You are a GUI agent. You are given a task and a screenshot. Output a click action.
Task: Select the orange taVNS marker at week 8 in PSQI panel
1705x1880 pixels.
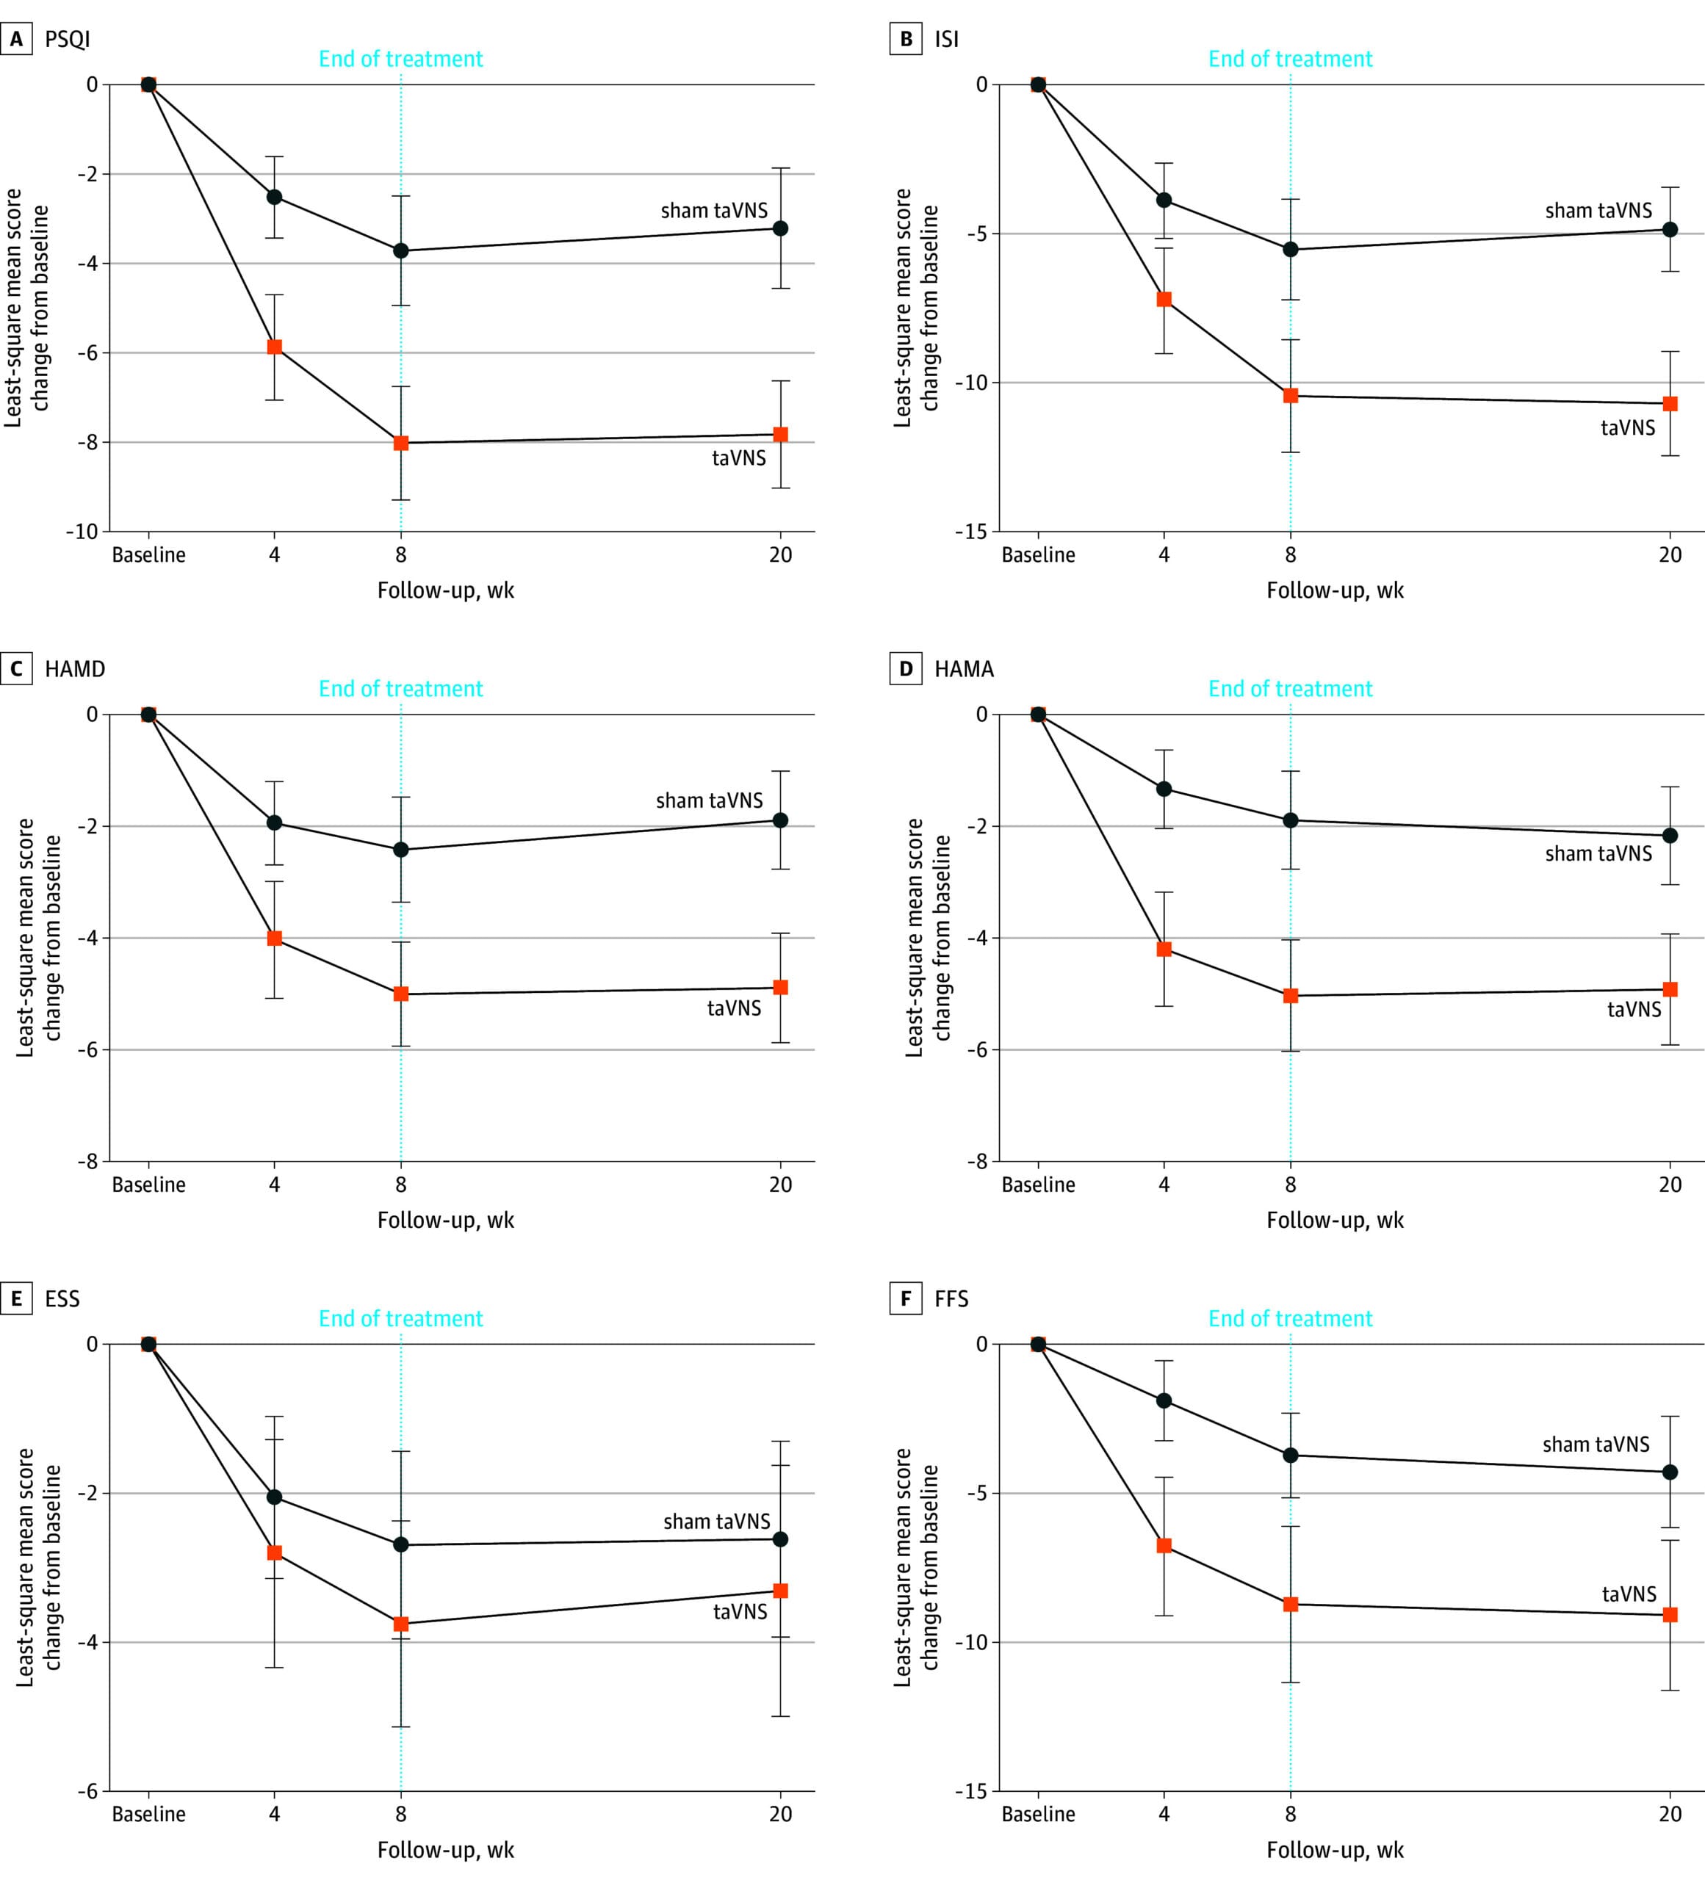coord(401,443)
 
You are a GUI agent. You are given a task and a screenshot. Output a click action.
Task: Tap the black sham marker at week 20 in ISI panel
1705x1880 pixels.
coord(1670,229)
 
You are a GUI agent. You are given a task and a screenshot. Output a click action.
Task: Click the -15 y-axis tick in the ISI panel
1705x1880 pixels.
coord(970,532)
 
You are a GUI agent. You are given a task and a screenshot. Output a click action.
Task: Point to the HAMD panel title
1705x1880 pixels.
coord(75,668)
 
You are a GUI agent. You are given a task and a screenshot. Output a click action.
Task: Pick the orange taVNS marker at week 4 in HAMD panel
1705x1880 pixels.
coord(274,938)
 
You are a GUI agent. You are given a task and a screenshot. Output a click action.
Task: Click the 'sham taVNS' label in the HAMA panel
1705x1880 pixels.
coord(1598,853)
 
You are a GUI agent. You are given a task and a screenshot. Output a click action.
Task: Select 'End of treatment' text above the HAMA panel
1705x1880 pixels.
coord(1290,689)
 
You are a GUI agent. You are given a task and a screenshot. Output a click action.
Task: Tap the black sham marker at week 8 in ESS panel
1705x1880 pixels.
coord(401,1544)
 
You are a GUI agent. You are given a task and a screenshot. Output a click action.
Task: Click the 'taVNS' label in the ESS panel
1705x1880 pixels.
coord(740,1611)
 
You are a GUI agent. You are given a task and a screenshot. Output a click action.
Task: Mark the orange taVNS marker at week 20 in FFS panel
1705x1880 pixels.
coord(1670,1614)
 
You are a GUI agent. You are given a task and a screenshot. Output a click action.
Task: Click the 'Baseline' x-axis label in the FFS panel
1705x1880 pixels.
coord(1038,1814)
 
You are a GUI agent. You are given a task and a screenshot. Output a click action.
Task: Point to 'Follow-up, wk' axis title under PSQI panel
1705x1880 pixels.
coord(445,590)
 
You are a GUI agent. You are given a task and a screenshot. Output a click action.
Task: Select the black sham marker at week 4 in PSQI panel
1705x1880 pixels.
coord(274,197)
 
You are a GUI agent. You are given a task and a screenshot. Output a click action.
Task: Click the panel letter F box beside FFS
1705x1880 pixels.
coord(905,1299)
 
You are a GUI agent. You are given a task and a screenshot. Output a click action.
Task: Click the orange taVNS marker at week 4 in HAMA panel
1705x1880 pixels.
coord(1164,950)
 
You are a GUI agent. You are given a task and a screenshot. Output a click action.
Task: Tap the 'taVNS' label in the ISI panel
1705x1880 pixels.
coord(1628,428)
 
